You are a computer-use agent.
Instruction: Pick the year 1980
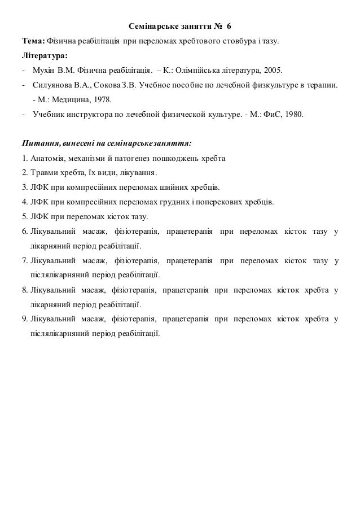tap(291, 115)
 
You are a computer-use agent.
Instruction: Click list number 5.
tap(25, 216)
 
